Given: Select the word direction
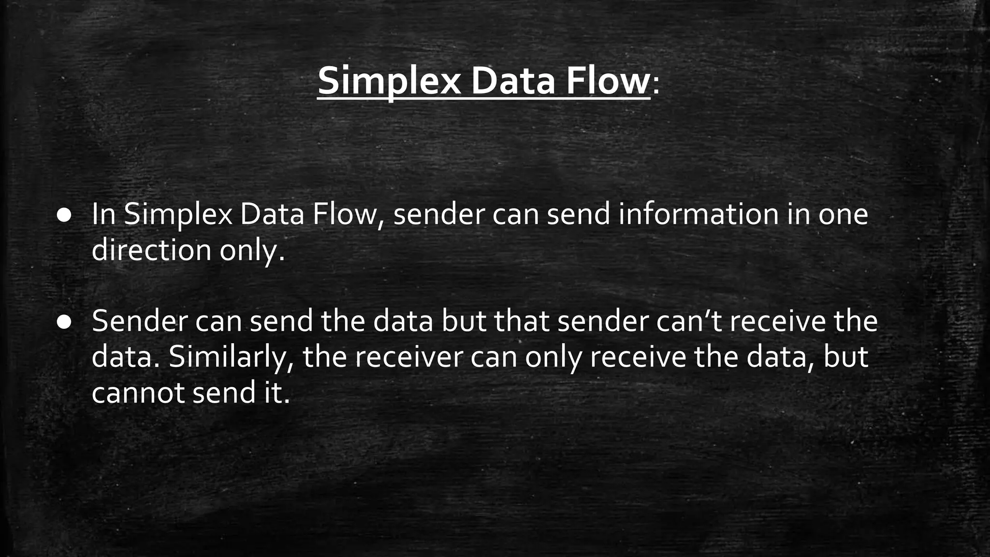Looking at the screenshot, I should point(151,250).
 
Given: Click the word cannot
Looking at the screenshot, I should point(137,393).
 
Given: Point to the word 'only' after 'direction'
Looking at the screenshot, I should point(251,250).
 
